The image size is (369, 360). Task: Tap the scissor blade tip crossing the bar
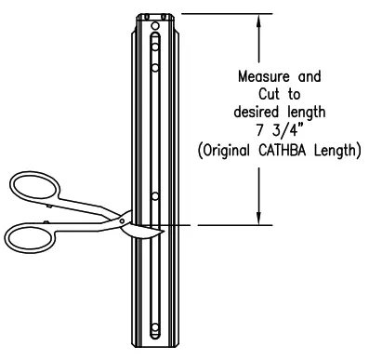pyautogui.click(x=158, y=228)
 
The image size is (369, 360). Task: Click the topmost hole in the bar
pyautogui.click(x=155, y=44)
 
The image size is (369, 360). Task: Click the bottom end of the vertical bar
pyautogui.click(x=154, y=348)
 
